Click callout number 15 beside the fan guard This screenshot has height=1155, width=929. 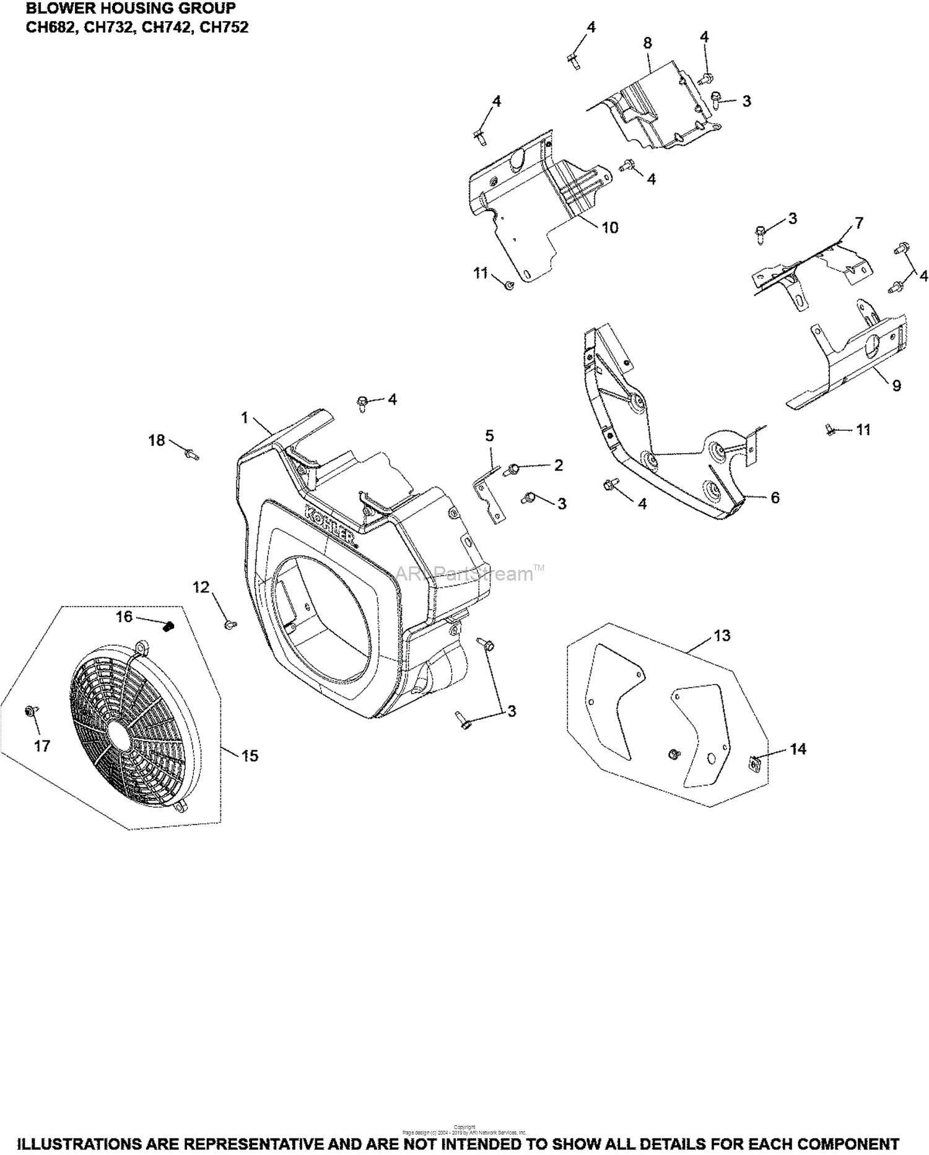250,756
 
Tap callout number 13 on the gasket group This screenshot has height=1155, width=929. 722,635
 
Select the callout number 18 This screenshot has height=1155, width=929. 157,440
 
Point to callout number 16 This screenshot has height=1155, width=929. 124,616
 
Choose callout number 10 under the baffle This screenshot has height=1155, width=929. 610,228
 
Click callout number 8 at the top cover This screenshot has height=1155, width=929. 648,43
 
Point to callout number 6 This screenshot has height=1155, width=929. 775,497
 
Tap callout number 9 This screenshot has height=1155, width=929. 897,386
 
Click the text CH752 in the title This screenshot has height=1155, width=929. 224,27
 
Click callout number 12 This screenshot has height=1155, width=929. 201,587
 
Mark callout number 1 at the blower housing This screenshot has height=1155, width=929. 245,418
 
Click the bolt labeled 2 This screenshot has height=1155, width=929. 513,469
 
